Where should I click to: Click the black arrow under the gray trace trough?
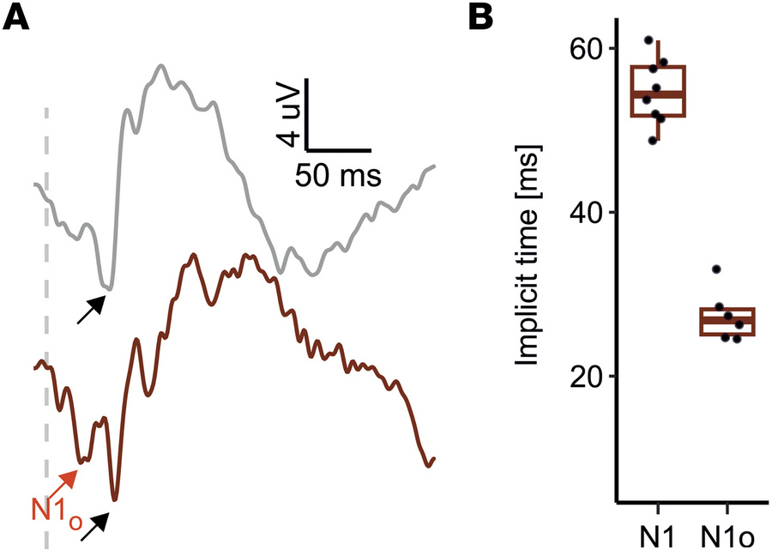pyautogui.click(x=90, y=310)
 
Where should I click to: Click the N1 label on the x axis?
pyautogui.click(x=657, y=536)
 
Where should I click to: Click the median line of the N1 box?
pyautogui.click(x=657, y=94)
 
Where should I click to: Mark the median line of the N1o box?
pyautogui.click(x=727, y=319)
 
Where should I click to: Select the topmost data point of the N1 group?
pyautogui.click(x=649, y=40)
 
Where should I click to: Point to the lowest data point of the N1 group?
pyautogui.click(x=654, y=140)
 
